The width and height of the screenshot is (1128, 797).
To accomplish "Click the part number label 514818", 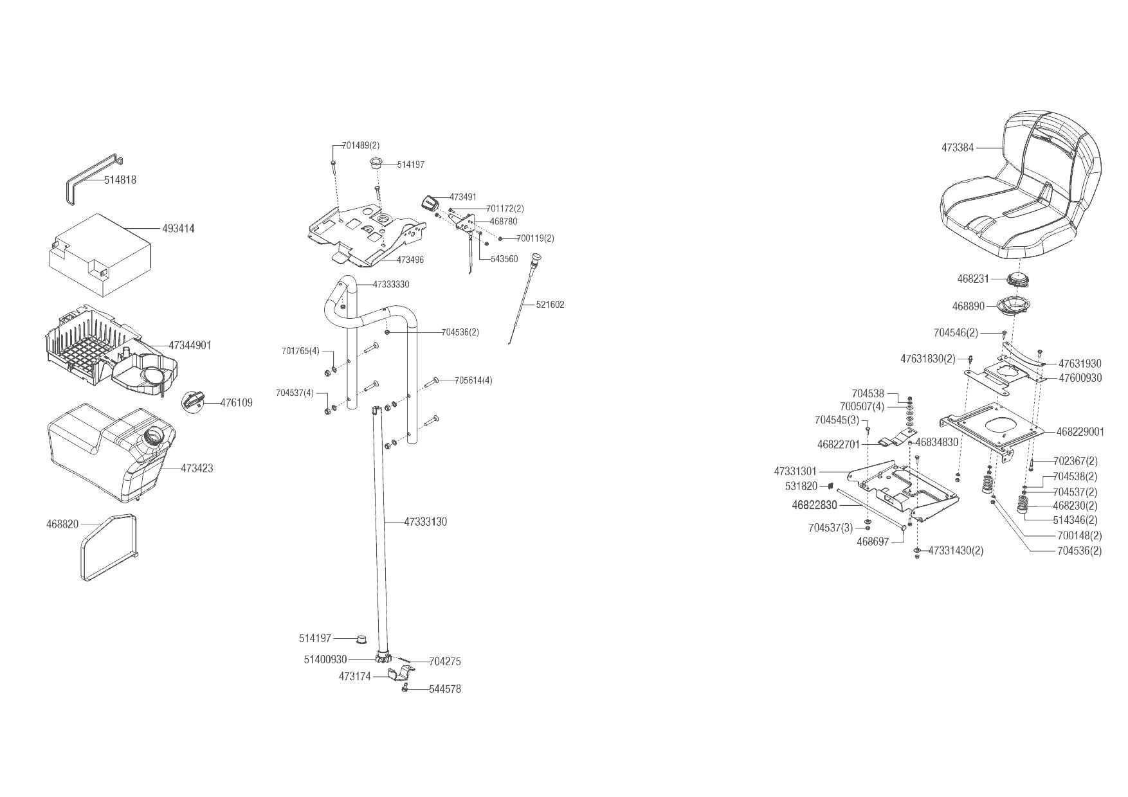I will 120,180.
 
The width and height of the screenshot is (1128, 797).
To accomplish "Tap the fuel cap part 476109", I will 194,401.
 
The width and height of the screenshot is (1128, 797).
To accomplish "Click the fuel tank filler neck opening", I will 154,436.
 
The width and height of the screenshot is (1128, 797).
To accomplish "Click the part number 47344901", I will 190,345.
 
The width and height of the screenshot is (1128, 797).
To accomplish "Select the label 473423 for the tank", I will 197,469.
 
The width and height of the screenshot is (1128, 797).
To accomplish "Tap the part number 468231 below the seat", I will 973,279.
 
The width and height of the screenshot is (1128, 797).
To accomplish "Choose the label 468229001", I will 1080,432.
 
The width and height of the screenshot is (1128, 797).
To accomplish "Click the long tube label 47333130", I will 425,522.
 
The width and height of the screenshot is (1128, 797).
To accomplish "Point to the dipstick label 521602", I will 550,305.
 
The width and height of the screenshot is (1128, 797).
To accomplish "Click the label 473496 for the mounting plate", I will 410,260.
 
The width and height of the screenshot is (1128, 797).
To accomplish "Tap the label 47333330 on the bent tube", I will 391,284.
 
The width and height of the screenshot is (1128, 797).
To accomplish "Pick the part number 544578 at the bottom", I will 445,689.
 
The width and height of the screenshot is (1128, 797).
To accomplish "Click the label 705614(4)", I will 473,380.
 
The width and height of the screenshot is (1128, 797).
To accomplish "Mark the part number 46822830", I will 814,506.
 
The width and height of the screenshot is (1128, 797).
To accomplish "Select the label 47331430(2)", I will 956,551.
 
